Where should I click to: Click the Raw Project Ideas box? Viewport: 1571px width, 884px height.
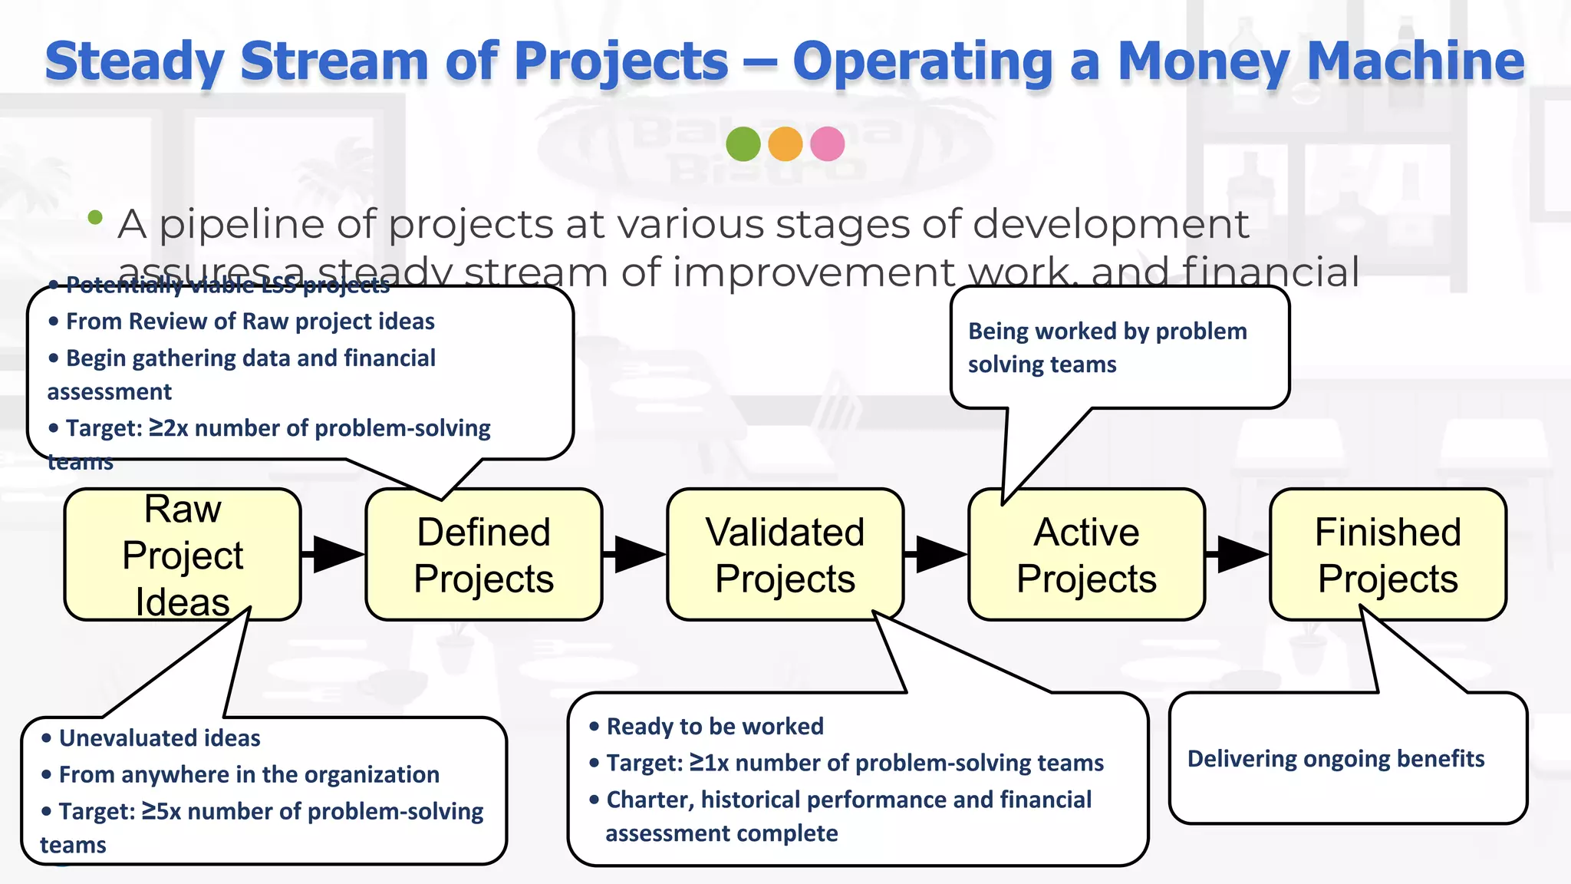pyautogui.click(x=183, y=554)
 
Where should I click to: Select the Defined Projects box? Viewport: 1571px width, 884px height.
pyautogui.click(x=483, y=554)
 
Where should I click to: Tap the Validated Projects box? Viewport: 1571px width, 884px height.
pyautogui.click(x=785, y=554)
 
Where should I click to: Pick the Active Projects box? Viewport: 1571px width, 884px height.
pyautogui.click(x=1086, y=554)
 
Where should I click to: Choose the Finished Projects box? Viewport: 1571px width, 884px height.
pyautogui.click(x=1388, y=554)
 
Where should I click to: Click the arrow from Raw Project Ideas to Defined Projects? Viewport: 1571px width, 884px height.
pyautogui.click(x=334, y=554)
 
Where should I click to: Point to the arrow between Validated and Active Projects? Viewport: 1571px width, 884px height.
pyautogui.click(x=937, y=554)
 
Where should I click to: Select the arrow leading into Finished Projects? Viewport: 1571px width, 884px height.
pyautogui.click(x=1238, y=554)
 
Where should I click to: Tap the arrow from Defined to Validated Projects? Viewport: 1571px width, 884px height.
pyautogui.click(x=636, y=554)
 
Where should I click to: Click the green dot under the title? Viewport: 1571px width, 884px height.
pyautogui.click(x=743, y=143)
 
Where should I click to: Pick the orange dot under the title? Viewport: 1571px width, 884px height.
pyautogui.click(x=785, y=143)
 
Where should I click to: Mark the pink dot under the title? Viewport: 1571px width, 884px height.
pyautogui.click(x=827, y=143)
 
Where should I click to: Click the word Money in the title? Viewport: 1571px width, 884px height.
pyautogui.click(x=1204, y=61)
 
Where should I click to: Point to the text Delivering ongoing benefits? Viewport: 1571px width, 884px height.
pyautogui.click(x=1336, y=759)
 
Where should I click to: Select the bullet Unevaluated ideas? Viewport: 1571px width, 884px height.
pyautogui.click(x=159, y=738)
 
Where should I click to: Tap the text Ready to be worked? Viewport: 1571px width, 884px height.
pyautogui.click(x=714, y=727)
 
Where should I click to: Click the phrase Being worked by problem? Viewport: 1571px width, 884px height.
pyautogui.click(x=1107, y=331)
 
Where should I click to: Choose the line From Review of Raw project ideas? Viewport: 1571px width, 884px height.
pyautogui.click(x=249, y=322)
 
